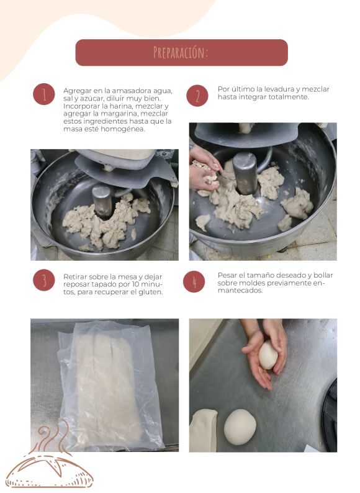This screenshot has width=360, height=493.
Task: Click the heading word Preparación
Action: (x=181, y=53)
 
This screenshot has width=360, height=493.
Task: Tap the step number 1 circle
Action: (x=44, y=94)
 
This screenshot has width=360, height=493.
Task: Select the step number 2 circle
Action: (x=197, y=96)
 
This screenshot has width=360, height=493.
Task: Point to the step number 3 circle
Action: (x=44, y=280)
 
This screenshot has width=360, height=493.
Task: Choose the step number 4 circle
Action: (x=194, y=282)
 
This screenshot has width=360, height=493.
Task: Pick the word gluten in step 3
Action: (x=151, y=292)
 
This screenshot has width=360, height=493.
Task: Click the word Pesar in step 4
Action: (x=227, y=276)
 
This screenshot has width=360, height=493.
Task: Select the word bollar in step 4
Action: (x=323, y=276)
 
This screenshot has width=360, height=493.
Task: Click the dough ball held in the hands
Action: (x=268, y=355)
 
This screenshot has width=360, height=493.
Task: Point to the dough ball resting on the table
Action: (x=240, y=427)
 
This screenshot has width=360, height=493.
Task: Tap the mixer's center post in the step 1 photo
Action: (x=102, y=201)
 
